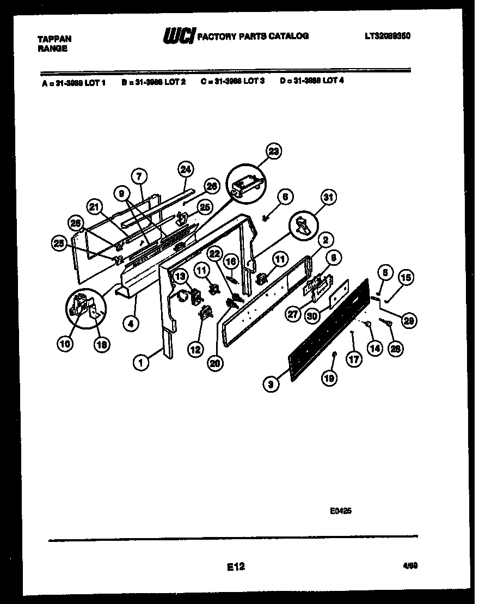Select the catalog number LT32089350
387,36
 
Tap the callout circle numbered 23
274,152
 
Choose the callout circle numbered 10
65,344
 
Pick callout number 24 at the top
186,169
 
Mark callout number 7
139,176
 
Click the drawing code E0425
340,511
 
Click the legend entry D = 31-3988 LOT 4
312,82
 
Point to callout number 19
329,377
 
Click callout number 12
194,350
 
